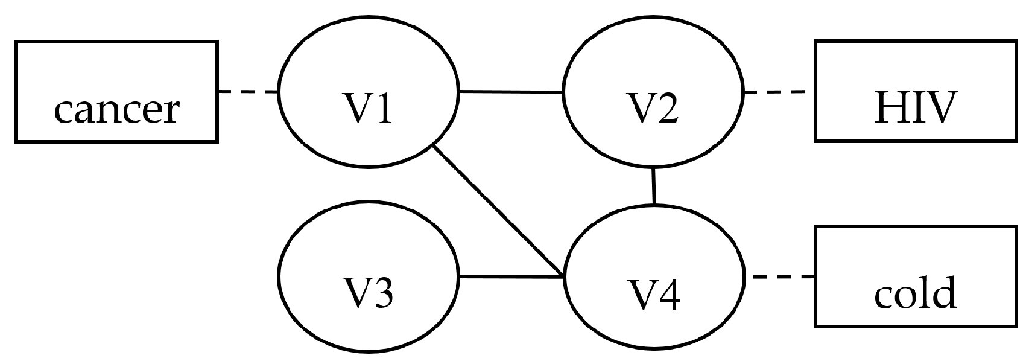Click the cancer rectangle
[x=116, y=66]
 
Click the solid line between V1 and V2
[x=510, y=92]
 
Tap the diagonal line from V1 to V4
[x=498, y=212]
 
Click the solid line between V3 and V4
[x=510, y=277]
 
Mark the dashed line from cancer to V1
[x=247, y=92]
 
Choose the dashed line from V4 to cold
[x=783, y=277]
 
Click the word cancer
[x=116, y=110]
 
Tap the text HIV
[x=916, y=109]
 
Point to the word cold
[x=915, y=293]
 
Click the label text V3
[x=367, y=294]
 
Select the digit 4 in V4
[x=669, y=295]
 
